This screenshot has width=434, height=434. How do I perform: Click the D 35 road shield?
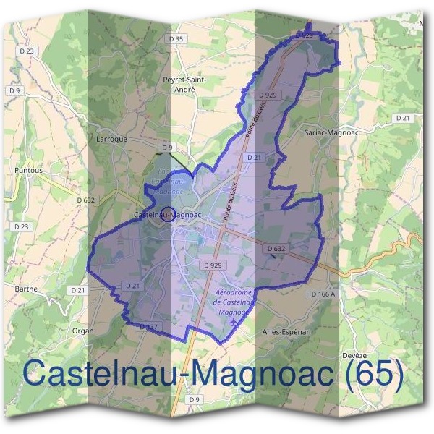[176, 38]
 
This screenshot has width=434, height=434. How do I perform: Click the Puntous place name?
[28, 171]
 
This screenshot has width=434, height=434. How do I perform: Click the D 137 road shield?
[148, 327]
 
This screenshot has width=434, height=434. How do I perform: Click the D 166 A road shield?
[325, 294]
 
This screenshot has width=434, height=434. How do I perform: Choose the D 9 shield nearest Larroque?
[167, 147]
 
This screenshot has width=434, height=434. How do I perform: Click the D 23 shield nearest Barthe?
[22, 226]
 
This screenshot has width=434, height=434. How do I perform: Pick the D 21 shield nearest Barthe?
[78, 289]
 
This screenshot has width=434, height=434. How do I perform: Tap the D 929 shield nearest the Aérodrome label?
[213, 265]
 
